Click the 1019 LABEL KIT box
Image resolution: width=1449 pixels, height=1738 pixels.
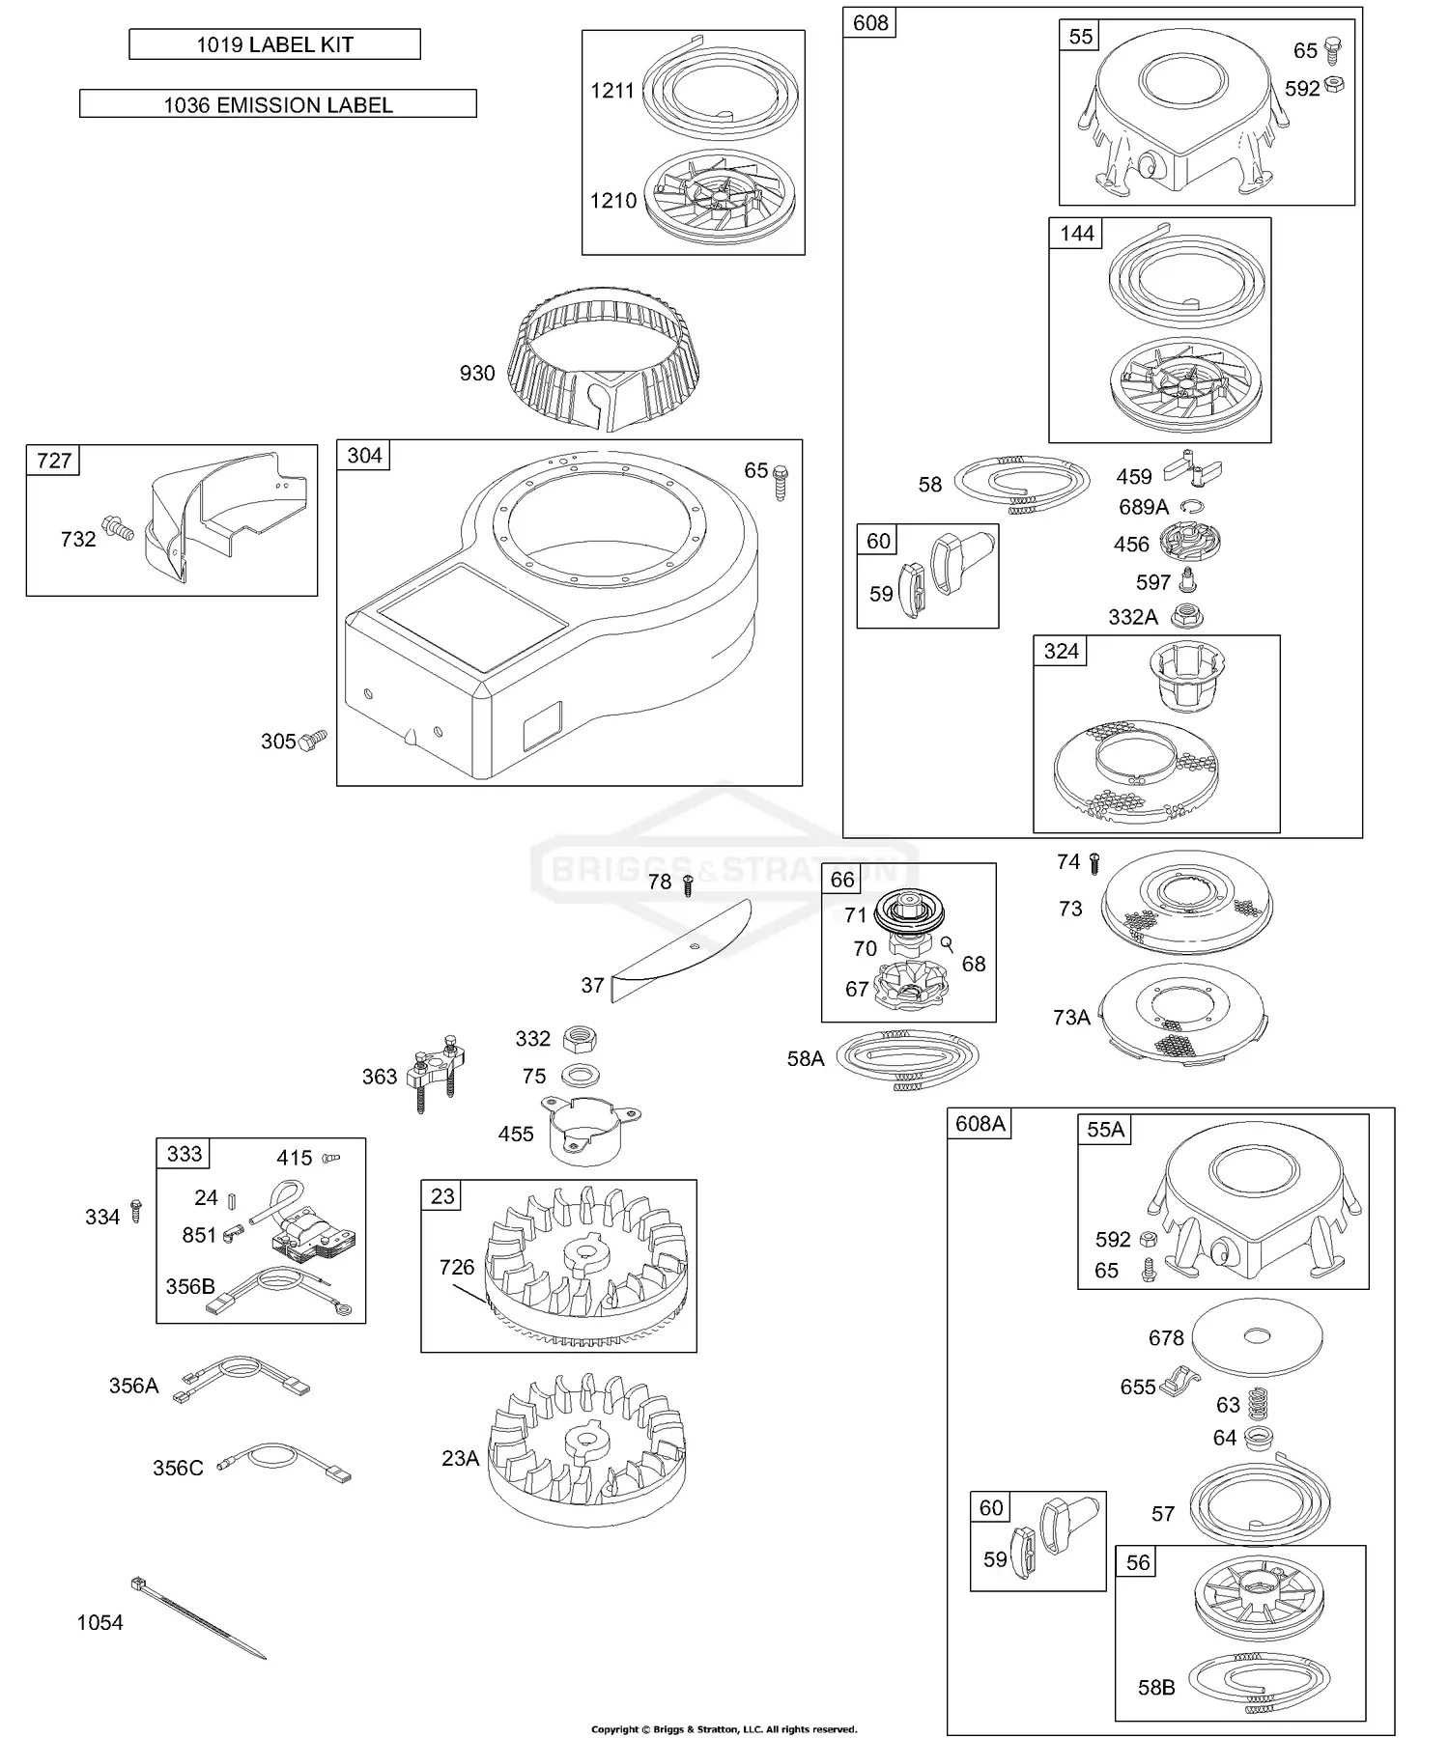click(x=274, y=44)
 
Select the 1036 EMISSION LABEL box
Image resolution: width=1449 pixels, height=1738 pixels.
click(x=277, y=104)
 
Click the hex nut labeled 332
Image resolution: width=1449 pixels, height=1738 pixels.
click(x=580, y=1039)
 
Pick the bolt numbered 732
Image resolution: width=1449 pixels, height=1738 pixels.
click(x=117, y=528)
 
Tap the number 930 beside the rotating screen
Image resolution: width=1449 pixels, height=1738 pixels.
click(x=477, y=374)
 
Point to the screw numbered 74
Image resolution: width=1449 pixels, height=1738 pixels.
click(x=1094, y=862)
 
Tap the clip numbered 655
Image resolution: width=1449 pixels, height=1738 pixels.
click(x=1178, y=1382)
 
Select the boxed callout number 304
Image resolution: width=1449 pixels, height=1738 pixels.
click(x=364, y=456)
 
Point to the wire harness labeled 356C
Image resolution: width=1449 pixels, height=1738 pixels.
click(x=286, y=1466)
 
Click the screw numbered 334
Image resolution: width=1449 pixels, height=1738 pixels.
click(x=136, y=1211)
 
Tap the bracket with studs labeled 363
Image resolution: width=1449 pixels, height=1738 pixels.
click(x=438, y=1071)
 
